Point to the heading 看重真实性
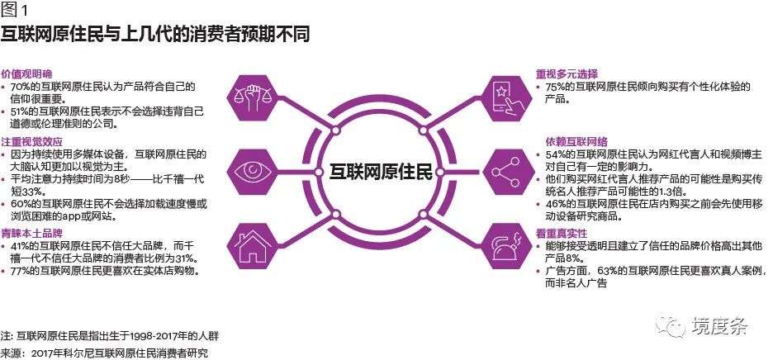pos(562,234)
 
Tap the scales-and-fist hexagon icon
pos(255,96)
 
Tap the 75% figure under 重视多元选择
pos(556,86)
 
